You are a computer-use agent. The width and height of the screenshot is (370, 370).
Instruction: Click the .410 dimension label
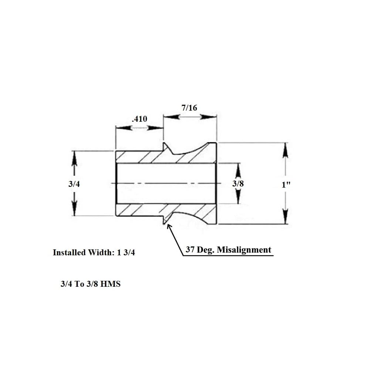(x=139, y=119)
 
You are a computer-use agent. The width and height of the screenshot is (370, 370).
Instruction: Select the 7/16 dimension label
(x=189, y=108)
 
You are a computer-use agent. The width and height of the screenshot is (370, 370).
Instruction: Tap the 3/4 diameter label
(x=74, y=184)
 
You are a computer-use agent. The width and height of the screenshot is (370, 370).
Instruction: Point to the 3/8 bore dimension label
(x=238, y=184)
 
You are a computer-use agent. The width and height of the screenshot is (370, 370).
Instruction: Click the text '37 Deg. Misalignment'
(x=228, y=250)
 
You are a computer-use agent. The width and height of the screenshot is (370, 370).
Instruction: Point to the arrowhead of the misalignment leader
(x=169, y=226)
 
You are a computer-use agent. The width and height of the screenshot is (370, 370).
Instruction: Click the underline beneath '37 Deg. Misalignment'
(x=229, y=256)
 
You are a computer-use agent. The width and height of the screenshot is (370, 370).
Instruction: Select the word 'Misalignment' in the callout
(x=244, y=250)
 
